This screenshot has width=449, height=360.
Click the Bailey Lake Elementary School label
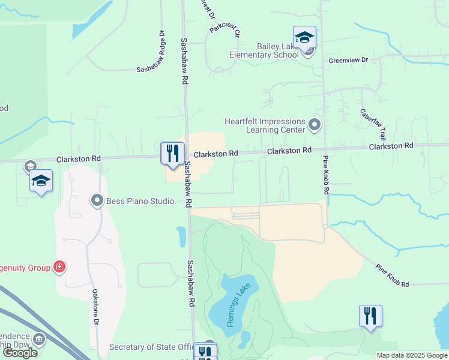pyautogui.click(x=265, y=50)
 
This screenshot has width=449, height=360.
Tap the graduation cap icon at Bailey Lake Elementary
pyautogui.click(x=304, y=38)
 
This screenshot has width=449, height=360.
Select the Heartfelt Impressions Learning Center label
pyautogui.click(x=265, y=125)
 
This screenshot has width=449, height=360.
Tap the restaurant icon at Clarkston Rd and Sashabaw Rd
pyautogui.click(x=172, y=153)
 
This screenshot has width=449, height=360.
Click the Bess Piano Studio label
pyautogui.click(x=140, y=201)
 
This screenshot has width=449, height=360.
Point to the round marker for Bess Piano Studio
pyautogui.click(x=97, y=200)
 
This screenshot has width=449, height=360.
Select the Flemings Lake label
pyautogui.click(x=239, y=305)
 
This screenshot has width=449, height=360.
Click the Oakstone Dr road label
pyautogui.click(x=95, y=307)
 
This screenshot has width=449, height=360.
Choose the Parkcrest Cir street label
pyautogui.click(x=225, y=32)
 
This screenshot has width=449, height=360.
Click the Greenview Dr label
pyautogui.click(x=348, y=61)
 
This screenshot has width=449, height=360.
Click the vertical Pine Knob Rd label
pyautogui.click(x=326, y=175)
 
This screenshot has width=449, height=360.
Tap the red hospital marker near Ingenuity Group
pyautogui.click(x=59, y=266)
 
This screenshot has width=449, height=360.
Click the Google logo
pyautogui.click(x=20, y=353)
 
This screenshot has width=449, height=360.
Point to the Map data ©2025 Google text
pyautogui.click(x=411, y=355)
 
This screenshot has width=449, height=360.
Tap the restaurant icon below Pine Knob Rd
pyautogui.click(x=370, y=316)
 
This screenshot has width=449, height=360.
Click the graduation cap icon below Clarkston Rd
pyautogui.click(x=41, y=181)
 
